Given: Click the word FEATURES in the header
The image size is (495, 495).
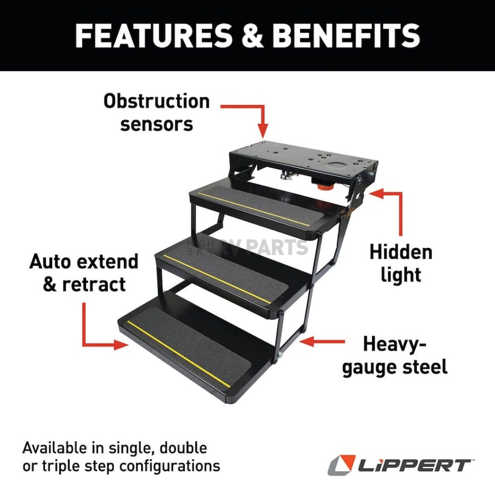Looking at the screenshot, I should click(x=154, y=35).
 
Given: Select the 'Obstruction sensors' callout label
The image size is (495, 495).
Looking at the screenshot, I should click(x=157, y=113).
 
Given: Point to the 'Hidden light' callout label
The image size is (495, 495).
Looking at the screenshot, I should click(x=401, y=263).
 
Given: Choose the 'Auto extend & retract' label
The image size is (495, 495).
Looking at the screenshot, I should click(x=84, y=273).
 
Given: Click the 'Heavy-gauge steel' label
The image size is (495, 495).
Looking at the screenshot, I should click(x=394, y=356).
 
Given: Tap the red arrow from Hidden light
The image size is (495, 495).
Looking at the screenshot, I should click(x=394, y=208).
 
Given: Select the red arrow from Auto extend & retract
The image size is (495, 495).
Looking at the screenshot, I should click(x=97, y=334).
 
